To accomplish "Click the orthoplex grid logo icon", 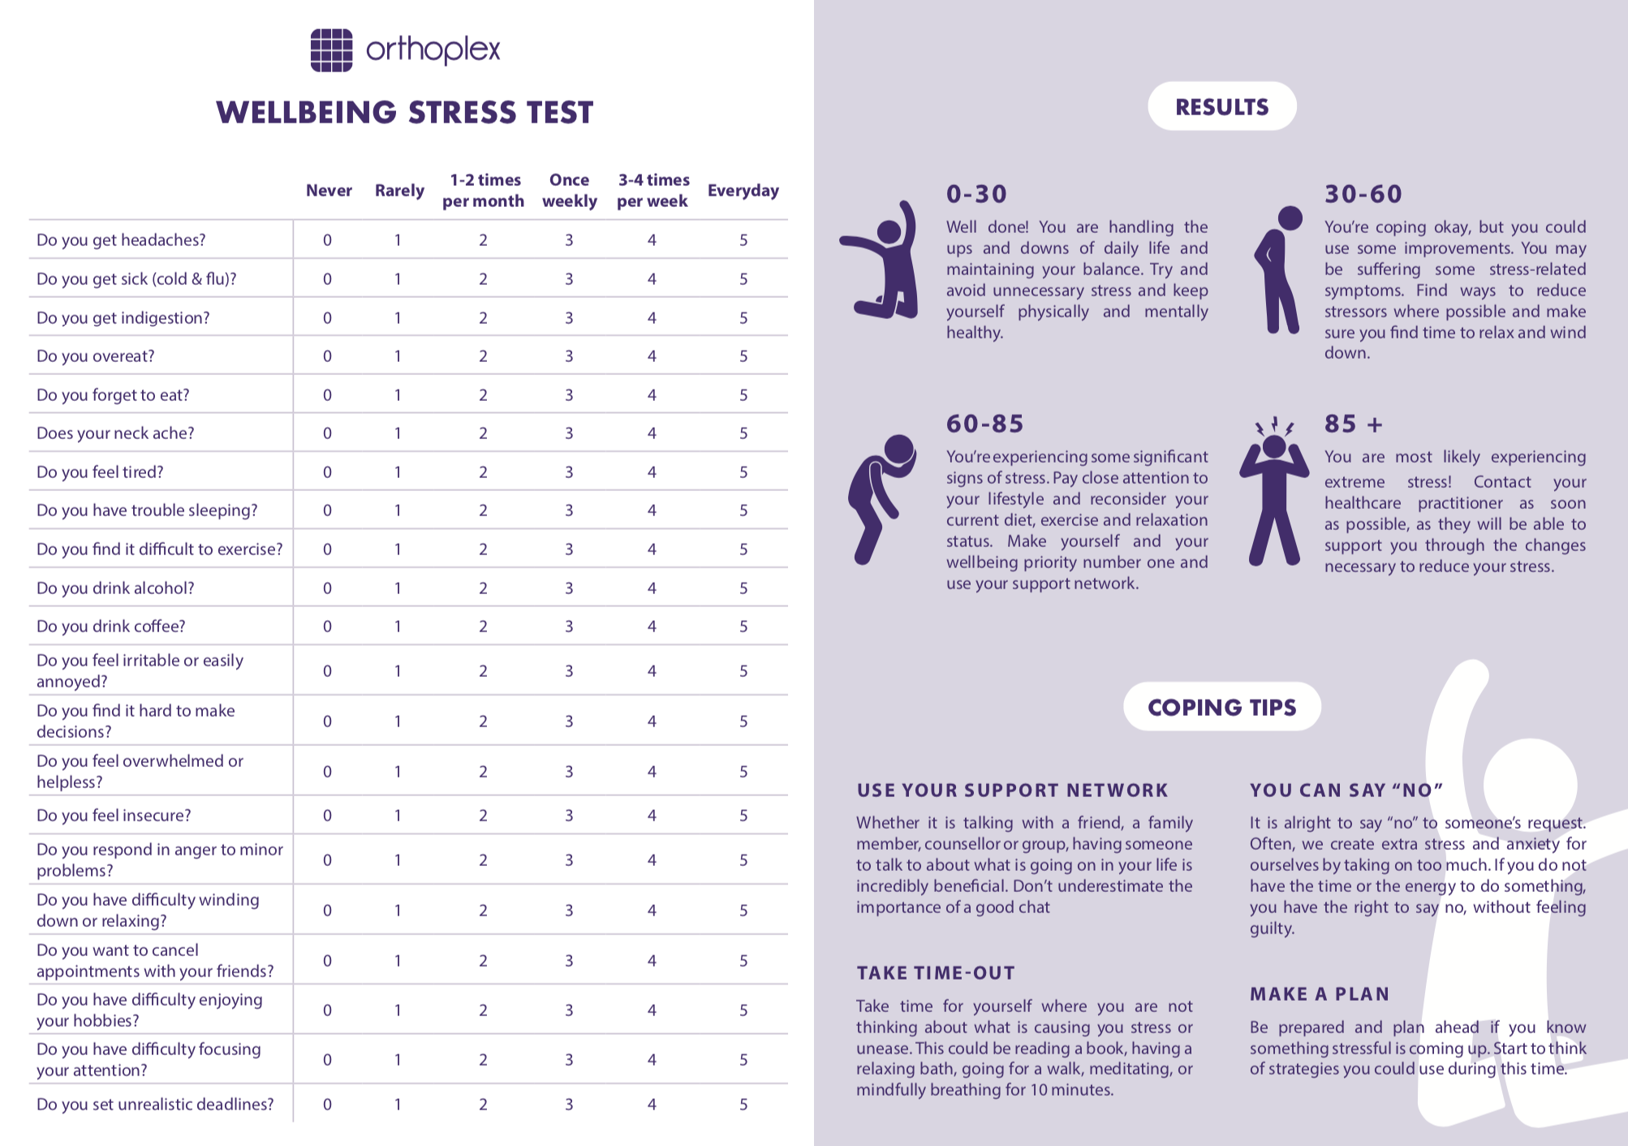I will (331, 50).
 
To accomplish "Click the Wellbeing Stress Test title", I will (405, 112).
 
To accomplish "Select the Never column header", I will (329, 191).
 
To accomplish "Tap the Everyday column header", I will (743, 191).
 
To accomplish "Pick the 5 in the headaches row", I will (743, 240).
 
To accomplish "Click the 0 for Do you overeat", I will (327, 356).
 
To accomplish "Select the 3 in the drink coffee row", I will (569, 627).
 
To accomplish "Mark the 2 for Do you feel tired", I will (483, 472).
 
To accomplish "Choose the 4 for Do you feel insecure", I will (652, 816).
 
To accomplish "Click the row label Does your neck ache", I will (115, 433).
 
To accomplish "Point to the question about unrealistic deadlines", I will (155, 1105).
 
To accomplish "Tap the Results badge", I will (1221, 106).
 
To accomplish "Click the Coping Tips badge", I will (1221, 707).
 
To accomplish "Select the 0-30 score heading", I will (976, 194).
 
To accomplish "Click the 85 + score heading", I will (1353, 424).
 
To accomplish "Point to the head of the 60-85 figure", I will (899, 448).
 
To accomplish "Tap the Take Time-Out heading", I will (936, 973).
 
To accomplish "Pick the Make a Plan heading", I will (1320, 994).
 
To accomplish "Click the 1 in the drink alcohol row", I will (398, 588).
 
